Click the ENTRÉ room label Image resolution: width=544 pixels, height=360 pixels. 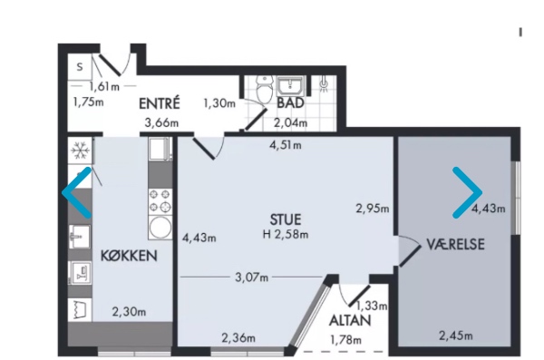click(x=160, y=103)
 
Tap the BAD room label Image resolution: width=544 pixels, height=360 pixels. click(x=289, y=103)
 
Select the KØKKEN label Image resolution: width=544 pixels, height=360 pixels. click(x=131, y=256)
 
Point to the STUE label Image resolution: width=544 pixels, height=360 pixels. click(x=285, y=219)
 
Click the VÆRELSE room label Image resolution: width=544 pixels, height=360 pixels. click(x=456, y=244)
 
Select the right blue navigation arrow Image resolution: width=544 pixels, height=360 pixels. click(x=468, y=192)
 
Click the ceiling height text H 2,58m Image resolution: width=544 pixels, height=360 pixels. click(x=286, y=236)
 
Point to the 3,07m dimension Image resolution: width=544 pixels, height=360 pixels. click(x=251, y=277)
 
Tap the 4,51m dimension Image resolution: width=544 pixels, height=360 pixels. click(x=286, y=143)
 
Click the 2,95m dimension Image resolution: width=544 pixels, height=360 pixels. click(x=373, y=209)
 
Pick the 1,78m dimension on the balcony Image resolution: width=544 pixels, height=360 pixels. click(x=345, y=340)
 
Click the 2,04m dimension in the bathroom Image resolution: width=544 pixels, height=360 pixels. click(x=291, y=122)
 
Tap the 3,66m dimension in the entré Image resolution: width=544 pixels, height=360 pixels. click(x=161, y=122)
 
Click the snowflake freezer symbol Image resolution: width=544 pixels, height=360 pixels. click(x=79, y=149)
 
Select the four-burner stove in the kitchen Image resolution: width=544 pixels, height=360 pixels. click(x=160, y=196)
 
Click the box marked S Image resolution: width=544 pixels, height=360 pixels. click(x=80, y=66)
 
